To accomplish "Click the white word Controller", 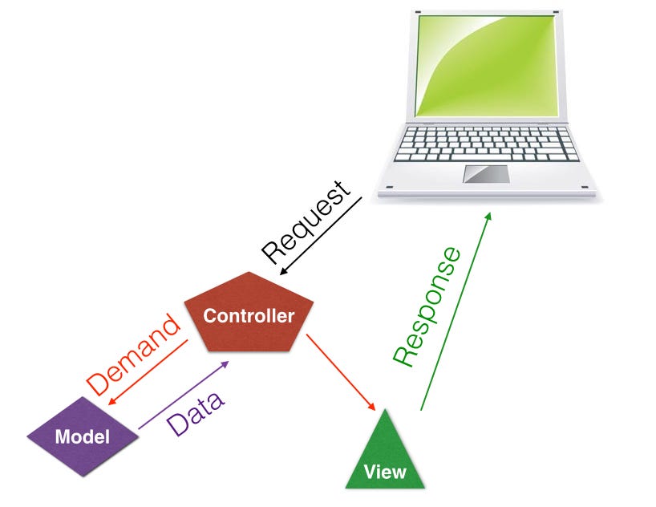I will [249, 315].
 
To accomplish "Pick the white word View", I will [385, 471].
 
